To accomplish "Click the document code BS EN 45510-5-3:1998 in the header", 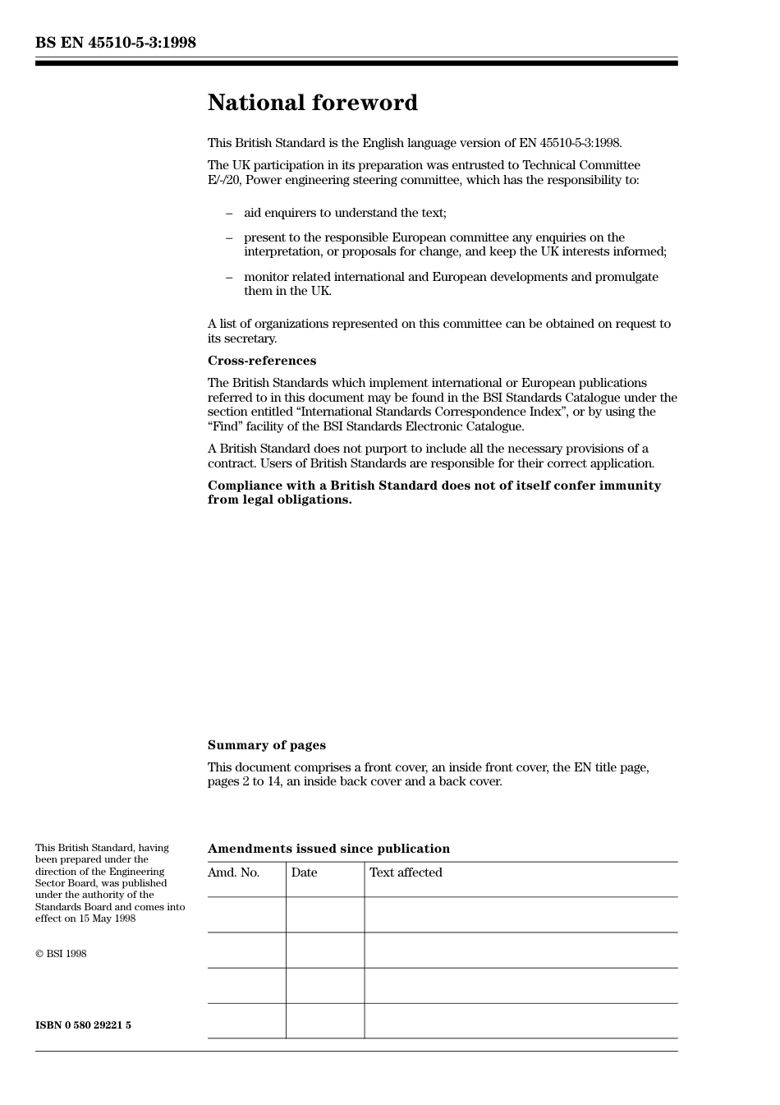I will pos(116,43).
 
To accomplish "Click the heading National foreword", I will pos(312,103).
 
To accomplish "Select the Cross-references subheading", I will pos(261,361).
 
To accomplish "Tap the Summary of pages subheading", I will pos(266,745).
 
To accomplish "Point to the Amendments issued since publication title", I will pos(328,849).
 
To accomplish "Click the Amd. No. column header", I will pos(233,872).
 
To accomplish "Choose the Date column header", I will pos(304,872).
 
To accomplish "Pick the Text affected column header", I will pos(406,872).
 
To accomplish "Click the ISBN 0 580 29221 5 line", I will pos(83,1025).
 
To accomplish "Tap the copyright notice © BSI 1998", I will pos(61,954).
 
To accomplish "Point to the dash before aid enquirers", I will pos(229,213).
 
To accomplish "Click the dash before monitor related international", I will pos(229,277).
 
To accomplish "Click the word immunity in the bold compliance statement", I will pos(627,486).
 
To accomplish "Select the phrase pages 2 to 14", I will pos(245,781).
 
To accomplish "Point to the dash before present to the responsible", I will pos(229,237).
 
